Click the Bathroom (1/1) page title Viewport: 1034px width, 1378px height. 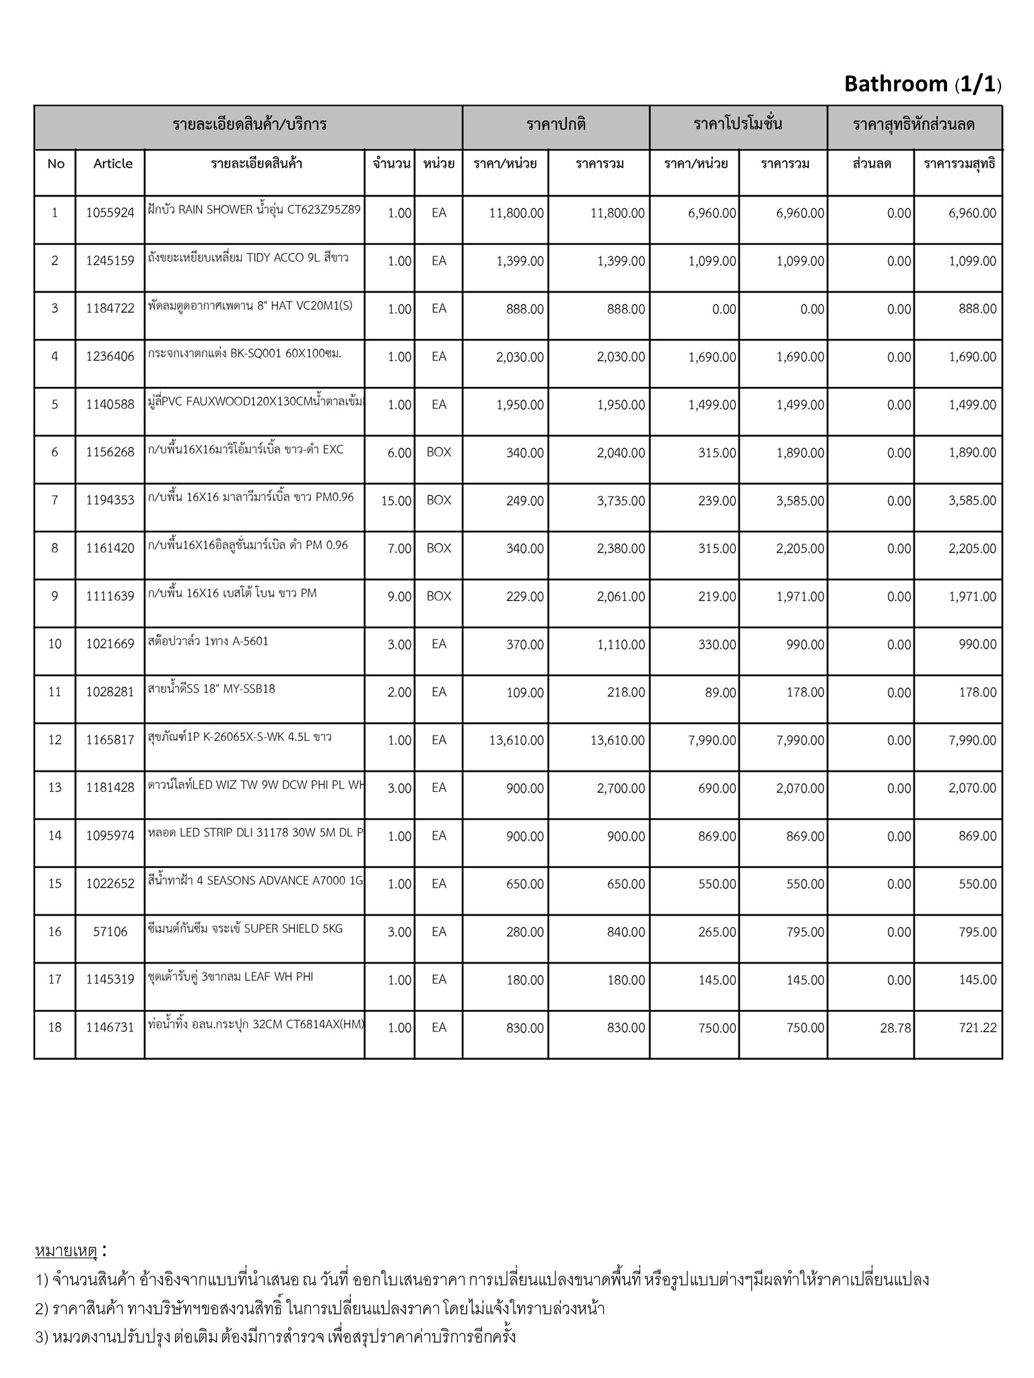(922, 84)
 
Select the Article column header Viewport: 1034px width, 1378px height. (112, 164)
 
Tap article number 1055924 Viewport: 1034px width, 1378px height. (110, 213)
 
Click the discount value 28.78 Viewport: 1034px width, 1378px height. (895, 1028)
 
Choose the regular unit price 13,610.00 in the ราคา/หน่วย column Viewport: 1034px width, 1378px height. (516, 741)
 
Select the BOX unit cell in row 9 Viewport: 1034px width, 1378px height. (439, 597)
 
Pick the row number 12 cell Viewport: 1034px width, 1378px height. (55, 740)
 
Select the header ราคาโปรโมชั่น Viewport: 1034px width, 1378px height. (738, 124)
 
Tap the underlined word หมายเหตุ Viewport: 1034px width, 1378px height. (67, 1252)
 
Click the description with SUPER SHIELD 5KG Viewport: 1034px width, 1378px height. (245, 929)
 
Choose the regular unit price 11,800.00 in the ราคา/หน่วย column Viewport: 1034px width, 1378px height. (516, 214)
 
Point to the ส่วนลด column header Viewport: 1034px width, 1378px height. (872, 164)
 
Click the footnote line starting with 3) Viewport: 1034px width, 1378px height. (276, 1336)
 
